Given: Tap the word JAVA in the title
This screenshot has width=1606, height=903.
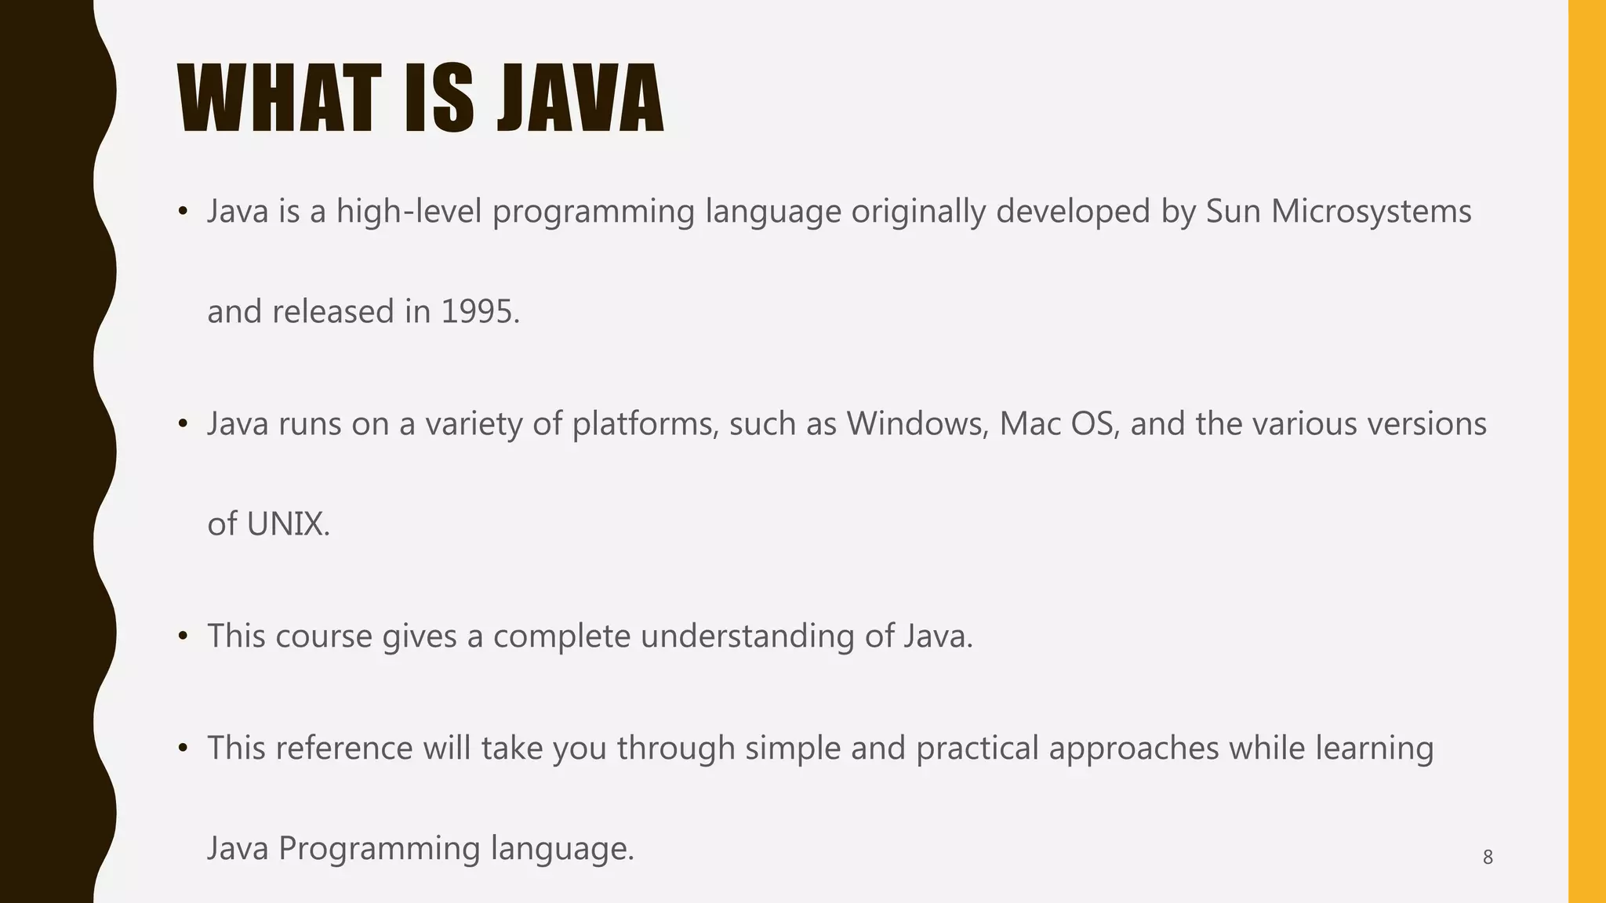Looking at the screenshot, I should pyautogui.click(x=581, y=100).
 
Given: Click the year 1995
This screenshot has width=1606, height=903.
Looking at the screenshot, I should pyautogui.click(x=480, y=312).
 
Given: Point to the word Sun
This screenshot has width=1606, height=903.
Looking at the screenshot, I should pyautogui.click(x=1233, y=212).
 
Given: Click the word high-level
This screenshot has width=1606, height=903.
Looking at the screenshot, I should pyautogui.click(x=409, y=212).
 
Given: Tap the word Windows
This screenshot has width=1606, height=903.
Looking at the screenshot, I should pyautogui.click(x=917, y=424).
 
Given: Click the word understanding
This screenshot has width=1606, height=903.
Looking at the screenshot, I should pyautogui.click(x=747, y=636).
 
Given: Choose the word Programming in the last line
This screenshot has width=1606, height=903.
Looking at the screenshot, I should pyautogui.click(x=380, y=849).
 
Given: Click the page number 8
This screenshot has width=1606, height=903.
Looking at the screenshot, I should pyautogui.click(x=1488, y=858).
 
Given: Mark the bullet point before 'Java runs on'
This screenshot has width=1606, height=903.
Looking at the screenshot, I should pyautogui.click(x=183, y=424).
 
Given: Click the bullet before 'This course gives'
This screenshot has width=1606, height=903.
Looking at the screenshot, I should pyautogui.click(x=183, y=636).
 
